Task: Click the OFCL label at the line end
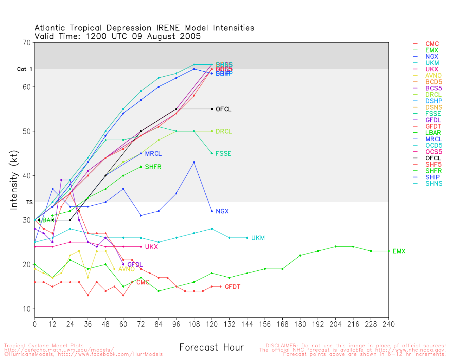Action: tap(224, 109)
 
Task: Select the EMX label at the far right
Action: tap(399, 251)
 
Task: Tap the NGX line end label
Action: tap(222, 211)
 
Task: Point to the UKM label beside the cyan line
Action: tap(258, 238)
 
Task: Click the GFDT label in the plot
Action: tap(232, 287)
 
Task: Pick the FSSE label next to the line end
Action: tap(223, 154)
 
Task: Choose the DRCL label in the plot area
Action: tap(224, 131)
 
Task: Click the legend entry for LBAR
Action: tap(433, 133)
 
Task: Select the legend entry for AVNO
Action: tap(433, 76)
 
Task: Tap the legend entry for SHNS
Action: tap(434, 184)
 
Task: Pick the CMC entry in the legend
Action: tap(432, 44)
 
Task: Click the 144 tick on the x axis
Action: tap(247, 324)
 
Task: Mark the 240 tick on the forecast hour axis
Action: tap(388, 324)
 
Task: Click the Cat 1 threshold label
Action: tap(25, 69)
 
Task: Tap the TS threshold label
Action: tap(30, 202)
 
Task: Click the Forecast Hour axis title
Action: tap(211, 348)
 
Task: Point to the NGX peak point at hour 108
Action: tap(194, 162)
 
